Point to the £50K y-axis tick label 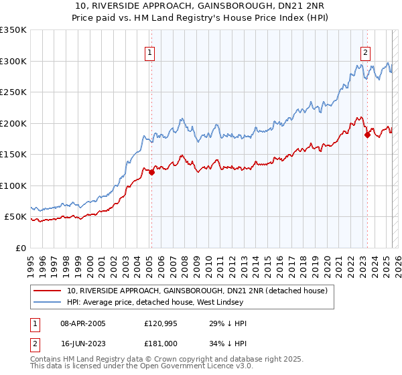click(x=15, y=217)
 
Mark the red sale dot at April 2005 click(x=151, y=172)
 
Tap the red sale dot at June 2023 click(x=366, y=135)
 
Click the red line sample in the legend click(x=48, y=291)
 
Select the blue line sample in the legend click(x=48, y=303)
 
